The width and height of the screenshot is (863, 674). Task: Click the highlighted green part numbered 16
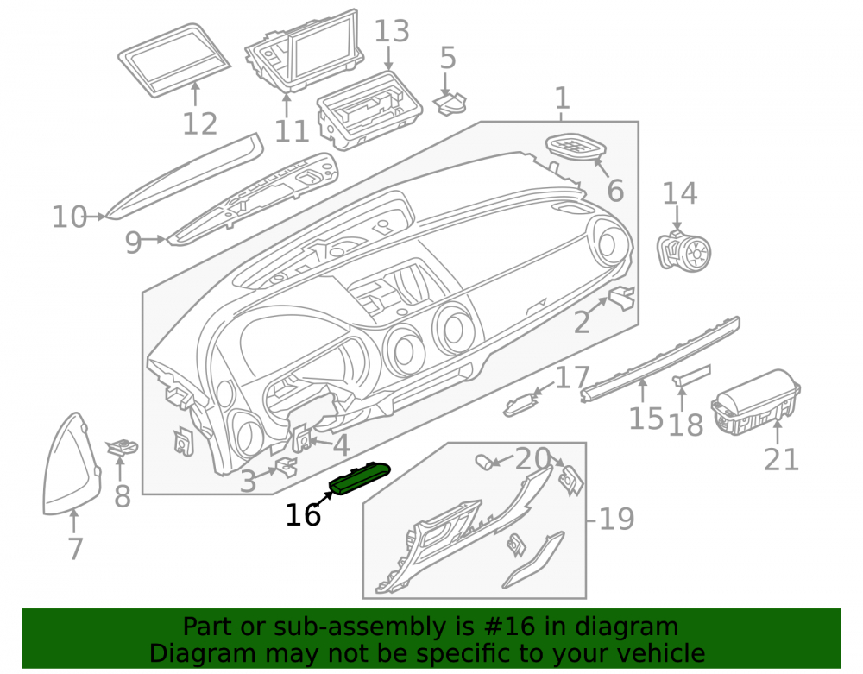pos(360,478)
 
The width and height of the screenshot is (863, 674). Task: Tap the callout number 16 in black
pos(303,515)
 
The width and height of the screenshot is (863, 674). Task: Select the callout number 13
pos(392,31)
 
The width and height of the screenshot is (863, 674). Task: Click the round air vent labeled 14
pos(685,249)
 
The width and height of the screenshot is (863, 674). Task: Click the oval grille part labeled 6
pos(575,147)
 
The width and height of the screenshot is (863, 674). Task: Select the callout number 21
pos(781,459)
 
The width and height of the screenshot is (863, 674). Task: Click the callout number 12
pos(200,123)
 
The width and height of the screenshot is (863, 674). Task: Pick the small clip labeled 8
pos(121,447)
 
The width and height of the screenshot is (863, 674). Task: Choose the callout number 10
pos(69,217)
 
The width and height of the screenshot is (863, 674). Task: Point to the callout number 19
pos(616,519)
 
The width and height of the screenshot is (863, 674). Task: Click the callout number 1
pos(562,98)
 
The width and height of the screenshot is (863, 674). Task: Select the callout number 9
pos(133,242)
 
